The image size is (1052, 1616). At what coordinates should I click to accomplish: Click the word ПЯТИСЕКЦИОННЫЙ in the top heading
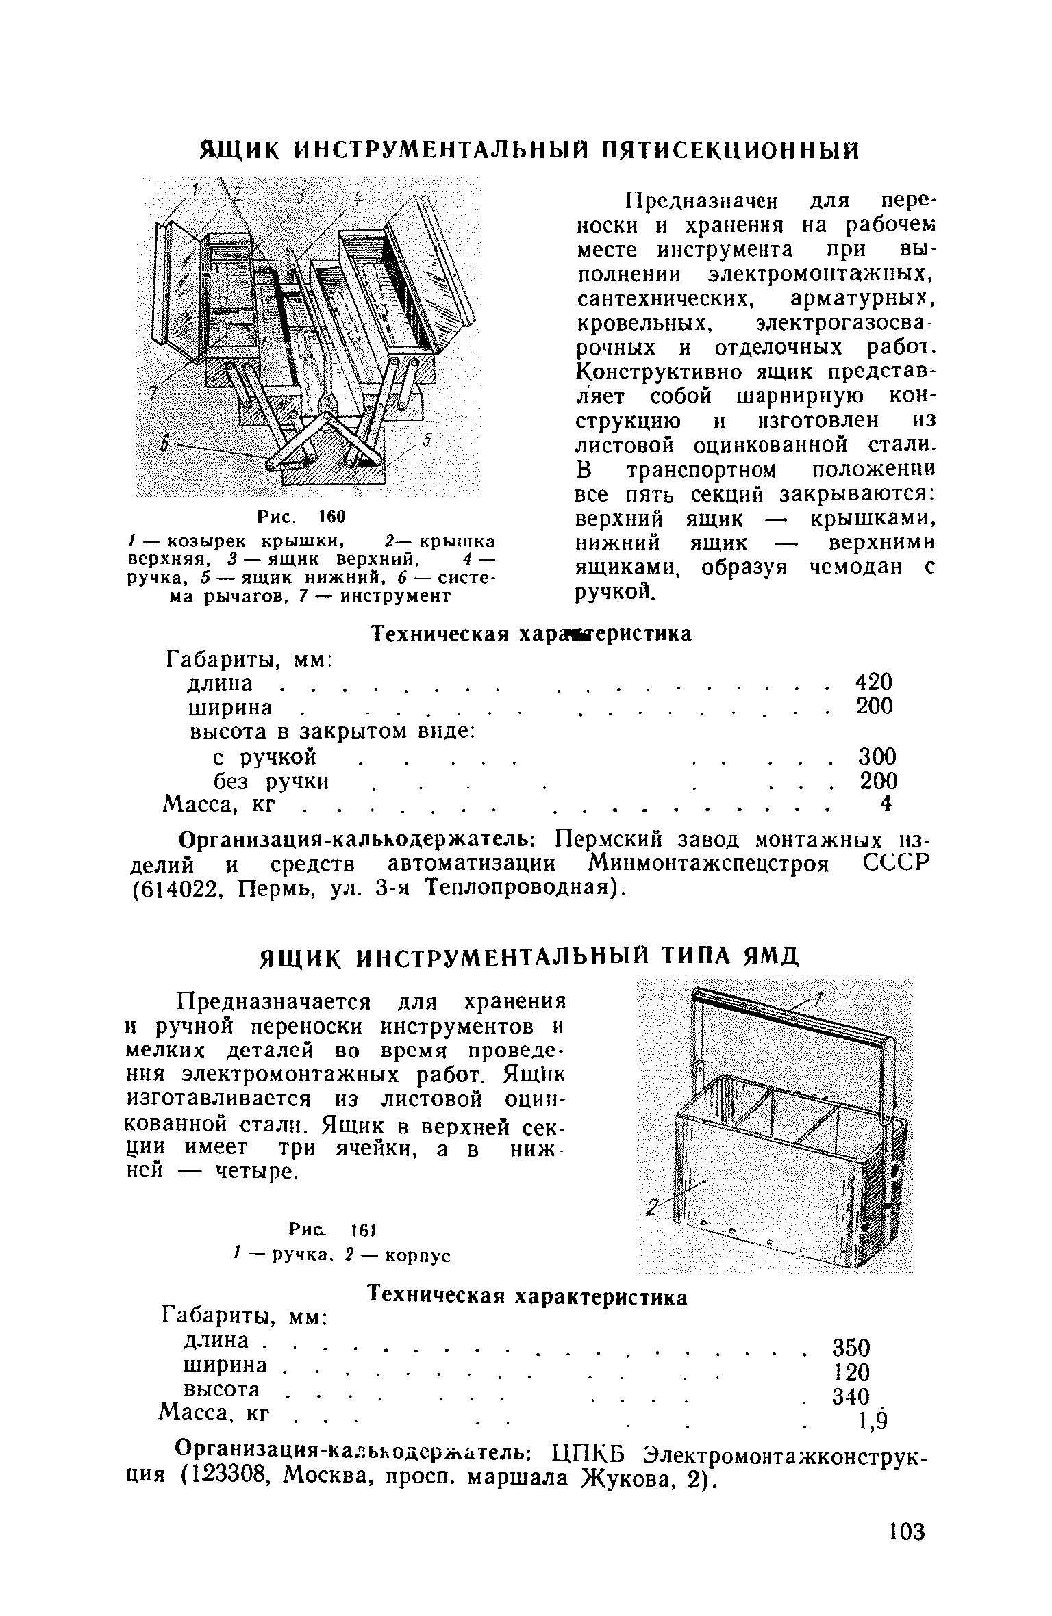click(729, 150)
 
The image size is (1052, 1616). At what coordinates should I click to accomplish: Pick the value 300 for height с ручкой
click(877, 757)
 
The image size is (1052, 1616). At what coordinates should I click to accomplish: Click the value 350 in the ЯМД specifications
click(850, 1348)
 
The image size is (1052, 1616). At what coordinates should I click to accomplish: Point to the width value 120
click(850, 1372)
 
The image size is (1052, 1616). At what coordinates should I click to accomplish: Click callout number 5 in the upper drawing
click(425, 441)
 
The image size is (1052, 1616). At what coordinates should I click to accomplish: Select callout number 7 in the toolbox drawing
click(153, 392)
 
